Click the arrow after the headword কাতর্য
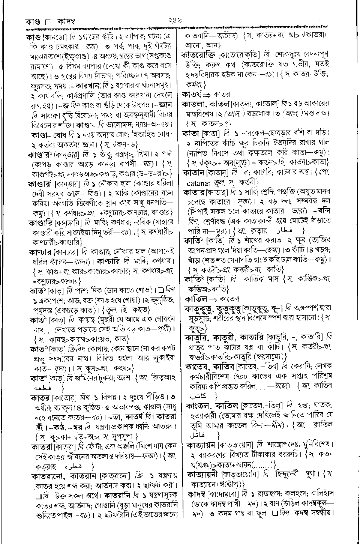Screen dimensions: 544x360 tap(208, 94)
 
